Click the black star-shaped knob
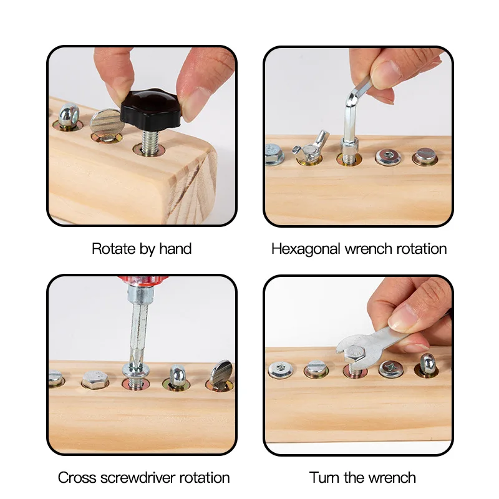pos(150,109)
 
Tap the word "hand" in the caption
pos(175,249)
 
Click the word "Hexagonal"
pos(306,249)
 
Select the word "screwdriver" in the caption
pos(138,478)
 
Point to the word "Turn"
pos(324,478)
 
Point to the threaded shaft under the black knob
pos(150,143)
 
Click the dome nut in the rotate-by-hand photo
pos(69,115)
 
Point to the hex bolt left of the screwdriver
pos(95,379)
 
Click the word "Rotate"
pos(114,248)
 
